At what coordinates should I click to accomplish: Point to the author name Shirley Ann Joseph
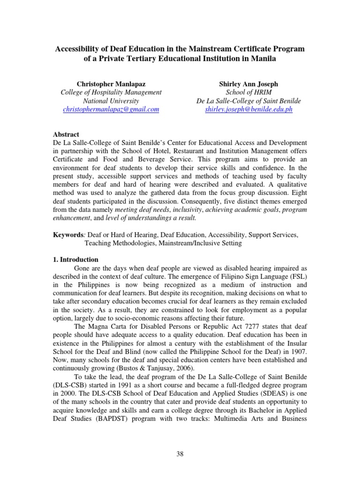248,84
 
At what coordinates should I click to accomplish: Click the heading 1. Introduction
75,259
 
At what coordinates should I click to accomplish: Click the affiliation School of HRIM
248,92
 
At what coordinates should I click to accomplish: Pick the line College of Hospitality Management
111,92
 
